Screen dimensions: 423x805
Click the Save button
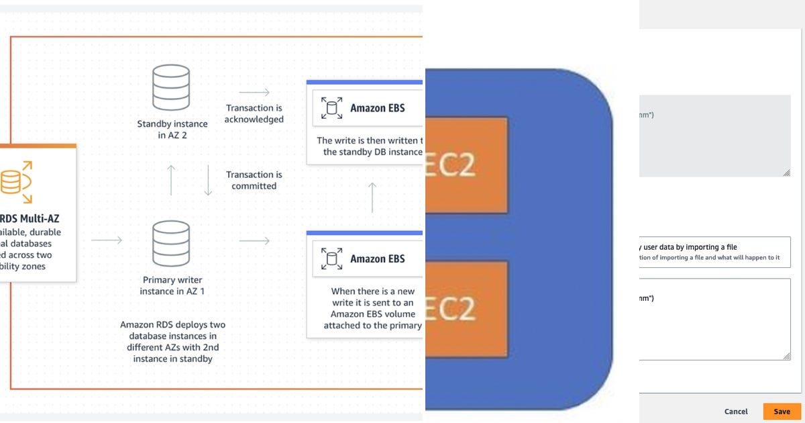coord(782,411)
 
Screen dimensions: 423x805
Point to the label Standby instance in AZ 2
coord(172,130)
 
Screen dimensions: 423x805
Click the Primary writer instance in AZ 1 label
coord(172,285)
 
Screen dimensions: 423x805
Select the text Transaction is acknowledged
coord(254,113)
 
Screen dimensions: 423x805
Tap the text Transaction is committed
coord(254,180)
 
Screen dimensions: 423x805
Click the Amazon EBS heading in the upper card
coord(377,107)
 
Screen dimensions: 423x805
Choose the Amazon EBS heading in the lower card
coord(377,258)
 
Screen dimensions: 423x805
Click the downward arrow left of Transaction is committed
coord(208,180)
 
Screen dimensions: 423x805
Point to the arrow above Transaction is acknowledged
coord(254,92)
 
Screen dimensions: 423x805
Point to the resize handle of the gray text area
coord(786,173)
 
